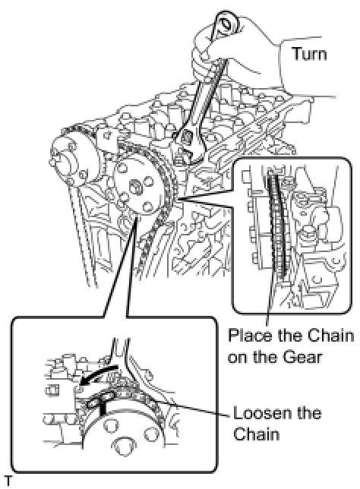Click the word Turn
(309, 54)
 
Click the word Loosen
(260, 413)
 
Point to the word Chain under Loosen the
(256, 434)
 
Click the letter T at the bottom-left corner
(8, 481)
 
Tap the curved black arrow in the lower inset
(97, 376)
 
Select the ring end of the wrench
(227, 23)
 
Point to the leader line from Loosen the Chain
(194, 408)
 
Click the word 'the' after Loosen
(306, 413)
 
